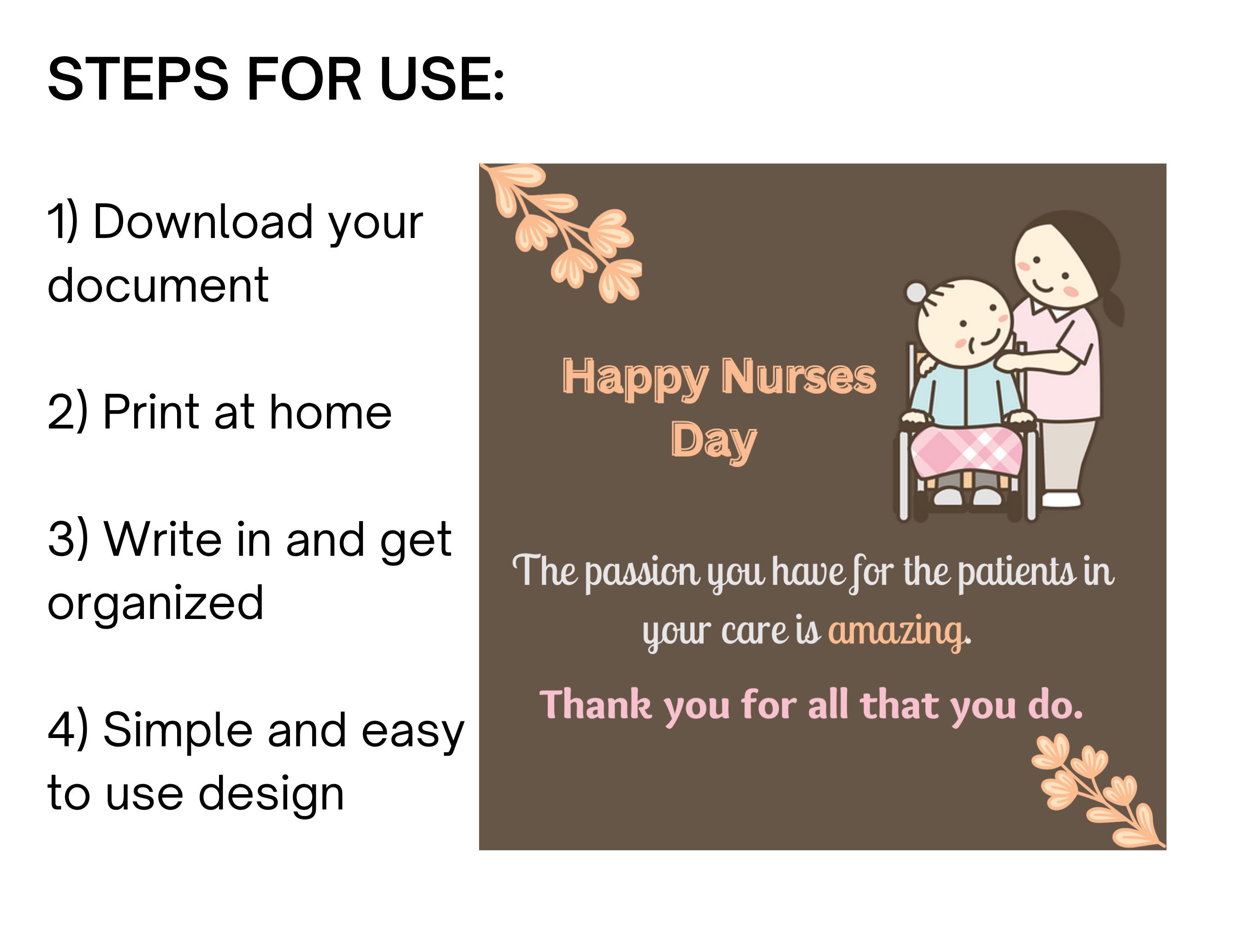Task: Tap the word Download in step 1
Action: [202, 222]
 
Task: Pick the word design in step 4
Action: [271, 794]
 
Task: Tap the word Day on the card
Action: [713, 441]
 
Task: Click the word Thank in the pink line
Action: [595, 704]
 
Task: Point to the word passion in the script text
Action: [642, 572]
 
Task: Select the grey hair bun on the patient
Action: [916, 292]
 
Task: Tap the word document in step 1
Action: [158, 286]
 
